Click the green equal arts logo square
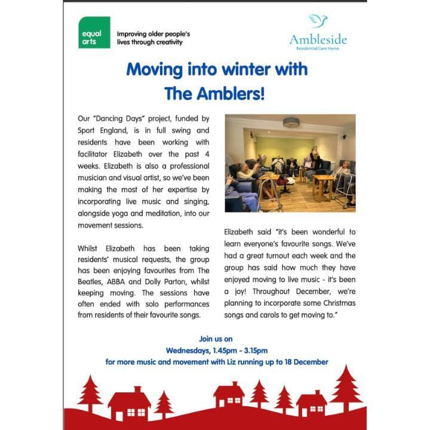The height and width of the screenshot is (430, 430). (x=94, y=33)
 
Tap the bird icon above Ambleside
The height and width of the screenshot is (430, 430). (x=318, y=22)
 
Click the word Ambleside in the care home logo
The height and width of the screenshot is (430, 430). (x=318, y=40)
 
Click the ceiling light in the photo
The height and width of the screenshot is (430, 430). (x=291, y=122)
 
